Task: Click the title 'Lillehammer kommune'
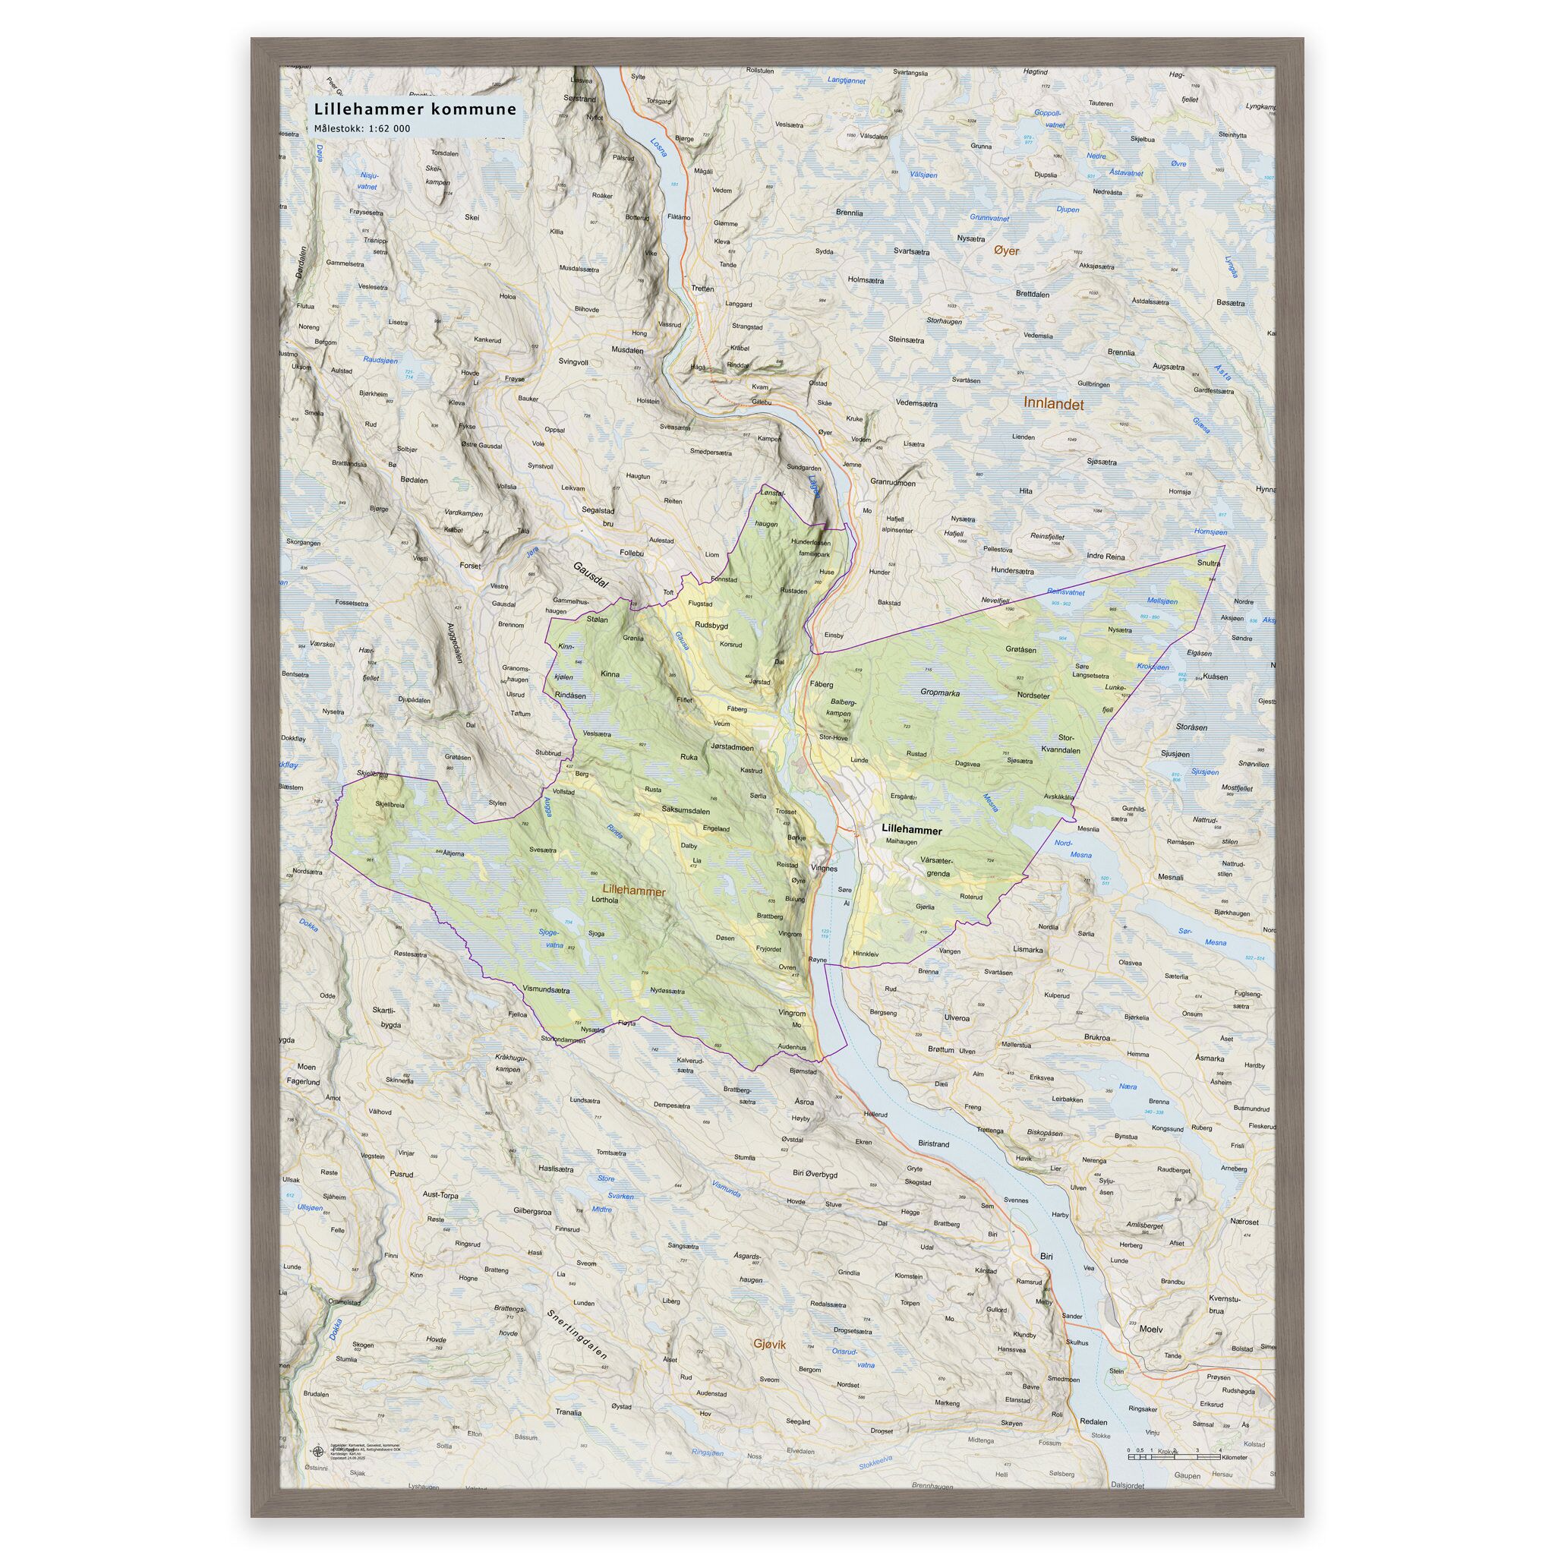tap(415, 109)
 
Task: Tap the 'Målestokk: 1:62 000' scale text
tap(362, 129)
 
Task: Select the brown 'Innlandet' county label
tap(1054, 403)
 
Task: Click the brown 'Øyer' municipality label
tap(1006, 251)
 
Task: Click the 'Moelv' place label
tap(1151, 1329)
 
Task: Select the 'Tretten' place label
tap(702, 288)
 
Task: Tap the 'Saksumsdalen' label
tap(686, 809)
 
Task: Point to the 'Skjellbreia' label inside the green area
tap(390, 803)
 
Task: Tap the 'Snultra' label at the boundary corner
tap(1208, 563)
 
